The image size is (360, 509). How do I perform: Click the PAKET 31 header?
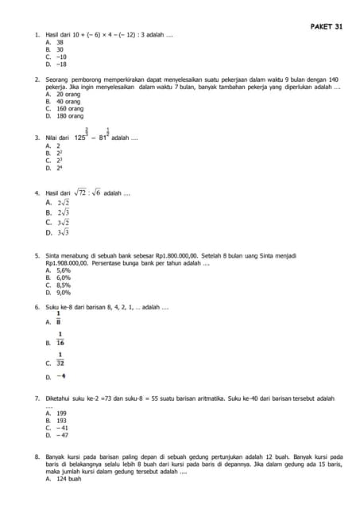pyautogui.click(x=326, y=26)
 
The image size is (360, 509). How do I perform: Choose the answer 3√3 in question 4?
pyautogui.click(x=63, y=233)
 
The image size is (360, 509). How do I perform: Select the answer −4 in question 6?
pyautogui.click(x=61, y=376)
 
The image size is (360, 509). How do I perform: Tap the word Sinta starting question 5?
pyautogui.click(x=54, y=256)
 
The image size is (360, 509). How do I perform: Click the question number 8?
pyautogui.click(x=37, y=457)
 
